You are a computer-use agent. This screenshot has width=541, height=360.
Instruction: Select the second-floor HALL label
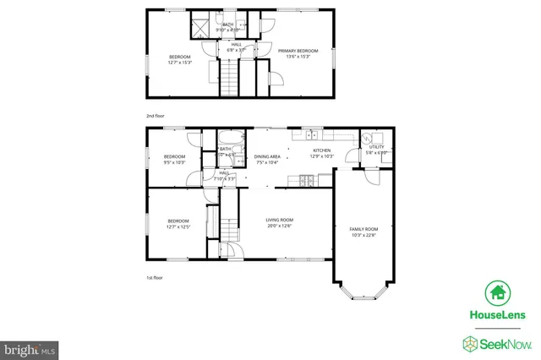(x=236, y=45)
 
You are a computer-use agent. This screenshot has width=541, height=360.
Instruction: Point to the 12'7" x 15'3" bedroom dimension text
(x=180, y=62)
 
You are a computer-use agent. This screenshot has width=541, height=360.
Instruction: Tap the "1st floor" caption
(x=154, y=277)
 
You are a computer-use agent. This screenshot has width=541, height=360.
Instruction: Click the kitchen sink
(x=312, y=134)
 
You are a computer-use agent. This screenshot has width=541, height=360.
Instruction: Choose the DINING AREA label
(x=267, y=156)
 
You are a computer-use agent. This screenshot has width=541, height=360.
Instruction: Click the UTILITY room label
(x=376, y=148)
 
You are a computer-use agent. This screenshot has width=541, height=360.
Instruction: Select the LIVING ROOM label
(x=279, y=220)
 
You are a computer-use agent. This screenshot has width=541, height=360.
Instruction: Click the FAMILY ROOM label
(x=363, y=229)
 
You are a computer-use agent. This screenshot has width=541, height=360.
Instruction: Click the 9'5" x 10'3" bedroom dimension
(x=174, y=162)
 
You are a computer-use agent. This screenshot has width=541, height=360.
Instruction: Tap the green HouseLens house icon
(x=498, y=293)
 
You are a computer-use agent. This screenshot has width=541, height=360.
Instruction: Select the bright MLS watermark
(x=29, y=348)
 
